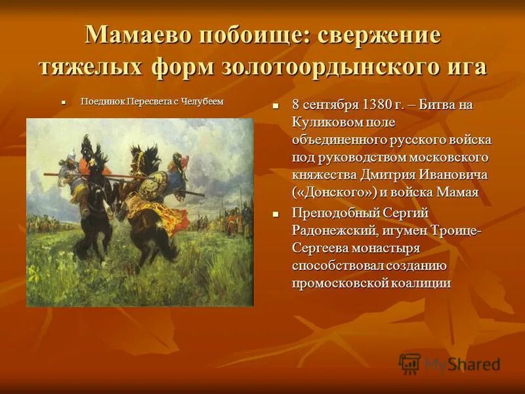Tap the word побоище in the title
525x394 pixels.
250,35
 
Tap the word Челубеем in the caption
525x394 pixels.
203,102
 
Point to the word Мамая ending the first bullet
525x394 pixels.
456,192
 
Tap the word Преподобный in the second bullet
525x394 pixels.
334,213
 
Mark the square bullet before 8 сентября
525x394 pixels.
277,106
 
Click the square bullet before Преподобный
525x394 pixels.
277,214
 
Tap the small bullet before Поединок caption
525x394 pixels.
64,102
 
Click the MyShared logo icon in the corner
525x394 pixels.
409,363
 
